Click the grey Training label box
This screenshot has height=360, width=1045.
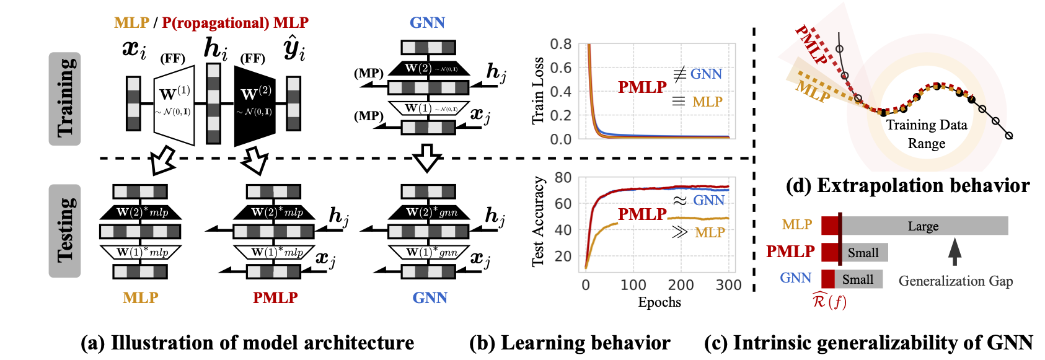coord(64,99)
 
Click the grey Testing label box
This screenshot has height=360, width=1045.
coord(64,230)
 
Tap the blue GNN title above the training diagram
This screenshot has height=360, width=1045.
coord(427,23)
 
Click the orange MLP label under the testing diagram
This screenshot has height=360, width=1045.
coord(141,298)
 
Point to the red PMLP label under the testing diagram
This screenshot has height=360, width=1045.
coord(275,298)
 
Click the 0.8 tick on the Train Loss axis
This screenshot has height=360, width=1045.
coord(561,44)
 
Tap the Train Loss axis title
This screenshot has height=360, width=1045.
coord(538,91)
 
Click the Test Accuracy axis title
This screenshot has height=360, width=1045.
coord(538,222)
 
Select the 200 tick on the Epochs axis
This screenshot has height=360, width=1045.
coord(681,285)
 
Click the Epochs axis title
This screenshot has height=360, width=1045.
coord(659,302)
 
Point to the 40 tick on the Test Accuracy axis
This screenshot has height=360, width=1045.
coord(563,230)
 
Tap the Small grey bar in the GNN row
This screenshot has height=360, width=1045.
coord(858,279)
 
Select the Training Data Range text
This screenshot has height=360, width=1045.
coord(926,134)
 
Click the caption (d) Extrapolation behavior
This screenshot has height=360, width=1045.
coord(907,186)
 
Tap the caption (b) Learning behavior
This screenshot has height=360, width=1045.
coord(570,343)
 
